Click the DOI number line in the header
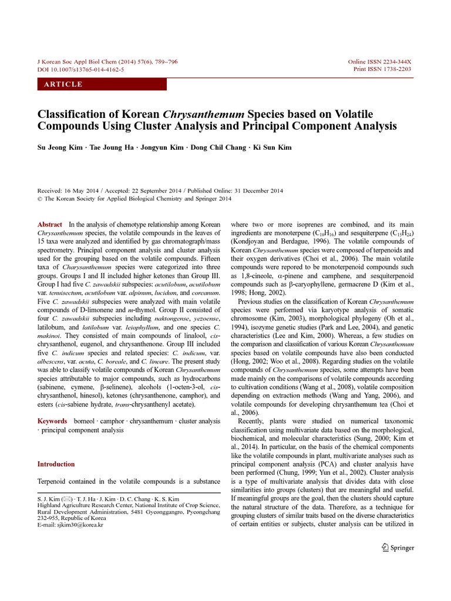point(80,69)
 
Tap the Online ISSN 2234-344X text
point(380,62)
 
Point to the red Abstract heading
point(50,225)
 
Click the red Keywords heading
point(52,421)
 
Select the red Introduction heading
point(56,464)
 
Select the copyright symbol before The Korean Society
point(40,199)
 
